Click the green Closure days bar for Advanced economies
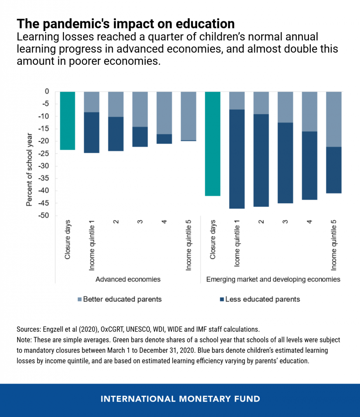point(68,121)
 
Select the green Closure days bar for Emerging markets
point(213,144)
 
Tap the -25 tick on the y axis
point(44,154)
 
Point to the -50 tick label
point(44,215)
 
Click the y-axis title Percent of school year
point(29,170)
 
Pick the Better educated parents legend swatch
point(79,299)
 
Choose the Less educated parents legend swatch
point(222,299)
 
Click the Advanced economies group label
point(128,279)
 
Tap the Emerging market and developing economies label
point(273,279)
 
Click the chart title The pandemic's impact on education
point(126,24)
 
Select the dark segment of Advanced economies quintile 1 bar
point(92,132)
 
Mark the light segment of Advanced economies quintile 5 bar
point(189,116)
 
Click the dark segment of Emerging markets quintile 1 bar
point(237,159)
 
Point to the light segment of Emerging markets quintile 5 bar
point(334,119)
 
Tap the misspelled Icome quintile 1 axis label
point(237,244)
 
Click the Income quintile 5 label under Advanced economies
point(189,245)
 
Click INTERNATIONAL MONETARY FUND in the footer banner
point(180,399)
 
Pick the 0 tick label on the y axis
point(47,92)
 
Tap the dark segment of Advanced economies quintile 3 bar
point(140,137)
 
